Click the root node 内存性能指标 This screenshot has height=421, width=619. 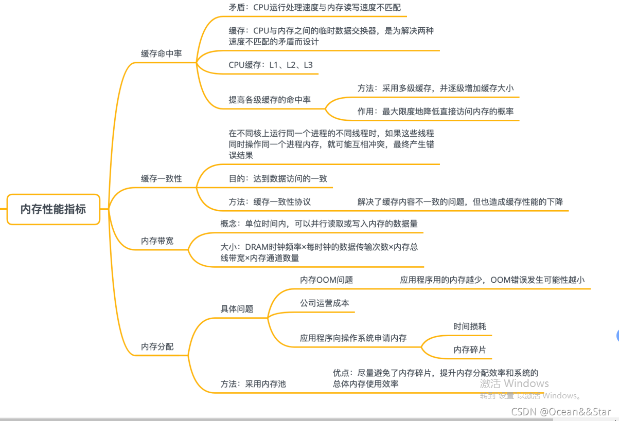click(x=53, y=209)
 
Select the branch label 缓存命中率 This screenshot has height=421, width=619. click(x=161, y=53)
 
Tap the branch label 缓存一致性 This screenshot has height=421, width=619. click(x=161, y=178)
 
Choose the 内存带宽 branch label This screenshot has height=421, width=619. click(x=157, y=241)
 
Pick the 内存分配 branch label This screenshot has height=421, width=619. click(x=157, y=347)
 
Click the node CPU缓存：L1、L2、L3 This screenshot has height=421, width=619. click(x=271, y=65)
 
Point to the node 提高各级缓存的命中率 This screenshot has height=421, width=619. click(x=270, y=100)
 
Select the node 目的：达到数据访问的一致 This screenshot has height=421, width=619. click(x=278, y=178)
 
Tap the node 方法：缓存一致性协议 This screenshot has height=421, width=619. click(x=270, y=202)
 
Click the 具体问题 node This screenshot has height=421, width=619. click(x=237, y=309)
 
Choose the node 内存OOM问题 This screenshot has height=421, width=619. click(x=326, y=280)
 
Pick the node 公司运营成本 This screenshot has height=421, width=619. click(x=324, y=303)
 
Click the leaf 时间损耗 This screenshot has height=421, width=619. click(x=469, y=326)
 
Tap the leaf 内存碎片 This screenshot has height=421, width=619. click(x=469, y=350)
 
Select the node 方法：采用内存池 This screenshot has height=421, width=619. click(x=253, y=384)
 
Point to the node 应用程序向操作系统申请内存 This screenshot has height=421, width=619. click(x=353, y=338)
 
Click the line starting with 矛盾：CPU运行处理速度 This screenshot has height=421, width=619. click(x=314, y=8)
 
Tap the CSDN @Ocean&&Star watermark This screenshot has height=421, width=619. click(x=561, y=412)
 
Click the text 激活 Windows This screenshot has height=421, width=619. click(x=514, y=383)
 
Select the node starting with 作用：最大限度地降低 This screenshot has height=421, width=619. click(x=435, y=112)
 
